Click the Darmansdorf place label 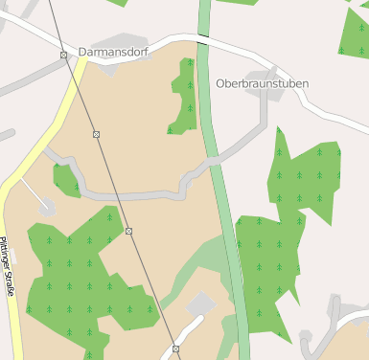[113, 52]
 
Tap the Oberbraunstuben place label [262, 83]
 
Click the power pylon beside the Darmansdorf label [63, 55]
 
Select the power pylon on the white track [175, 349]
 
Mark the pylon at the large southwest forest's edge [128, 231]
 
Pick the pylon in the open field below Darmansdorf [96, 134]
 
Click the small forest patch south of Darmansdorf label [183, 96]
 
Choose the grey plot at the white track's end [201, 305]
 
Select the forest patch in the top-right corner [356, 34]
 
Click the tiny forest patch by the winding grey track [66, 179]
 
